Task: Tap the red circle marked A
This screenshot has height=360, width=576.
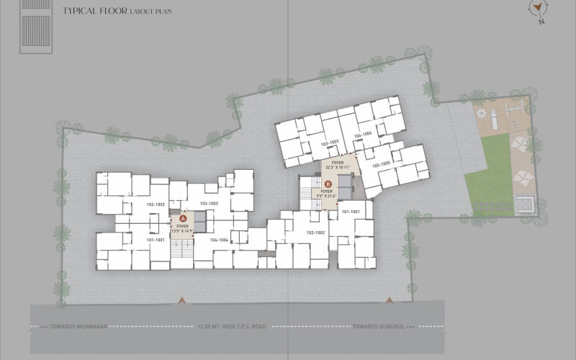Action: [183, 217]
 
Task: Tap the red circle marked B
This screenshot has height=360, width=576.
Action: [329, 184]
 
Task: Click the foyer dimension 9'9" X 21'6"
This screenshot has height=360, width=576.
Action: [329, 195]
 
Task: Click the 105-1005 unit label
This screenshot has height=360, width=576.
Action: [381, 164]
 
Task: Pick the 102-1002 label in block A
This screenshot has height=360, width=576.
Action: [156, 205]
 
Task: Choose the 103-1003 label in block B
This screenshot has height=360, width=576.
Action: [329, 143]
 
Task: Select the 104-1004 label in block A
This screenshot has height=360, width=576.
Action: [219, 239]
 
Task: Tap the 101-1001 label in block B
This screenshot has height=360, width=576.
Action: [351, 212]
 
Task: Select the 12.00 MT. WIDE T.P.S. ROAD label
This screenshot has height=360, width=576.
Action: [231, 327]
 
